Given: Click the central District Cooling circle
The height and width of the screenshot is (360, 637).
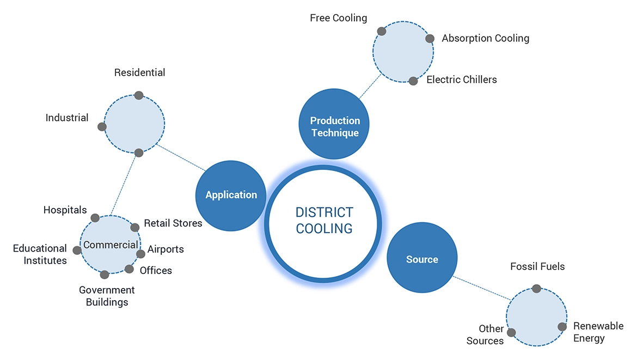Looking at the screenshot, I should tap(324, 224).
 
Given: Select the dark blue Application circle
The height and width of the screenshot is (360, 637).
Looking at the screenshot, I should tap(231, 195).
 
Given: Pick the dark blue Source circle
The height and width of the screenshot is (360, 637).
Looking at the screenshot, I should tap(422, 259).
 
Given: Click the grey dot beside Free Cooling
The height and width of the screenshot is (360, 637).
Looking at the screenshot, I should tap(382, 32).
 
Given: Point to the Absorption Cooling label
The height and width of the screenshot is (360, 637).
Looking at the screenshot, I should tap(485, 38).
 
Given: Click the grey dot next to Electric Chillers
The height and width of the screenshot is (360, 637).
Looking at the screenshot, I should tap(413, 81).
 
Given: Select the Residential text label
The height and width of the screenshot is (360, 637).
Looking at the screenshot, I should tap(139, 72).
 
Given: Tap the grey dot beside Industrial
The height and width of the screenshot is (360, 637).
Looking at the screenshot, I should tap(102, 127).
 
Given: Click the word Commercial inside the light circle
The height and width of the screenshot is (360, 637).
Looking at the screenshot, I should tap(111, 245).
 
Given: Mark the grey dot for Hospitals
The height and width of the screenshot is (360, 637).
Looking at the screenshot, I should tap(95, 218).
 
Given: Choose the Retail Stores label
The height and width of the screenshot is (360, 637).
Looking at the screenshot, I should tap(173, 223).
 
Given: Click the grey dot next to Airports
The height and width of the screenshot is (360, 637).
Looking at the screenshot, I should tap(140, 254).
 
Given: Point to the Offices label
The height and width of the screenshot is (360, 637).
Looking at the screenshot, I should tap(156, 271).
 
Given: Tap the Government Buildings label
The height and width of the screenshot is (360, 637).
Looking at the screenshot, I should tap(107, 296).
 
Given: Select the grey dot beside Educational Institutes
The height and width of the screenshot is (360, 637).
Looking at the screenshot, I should tap(77, 251).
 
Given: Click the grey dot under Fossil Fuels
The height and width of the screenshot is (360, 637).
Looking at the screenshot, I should tap(536, 289).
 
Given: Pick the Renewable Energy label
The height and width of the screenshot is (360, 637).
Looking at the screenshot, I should tap(598, 332).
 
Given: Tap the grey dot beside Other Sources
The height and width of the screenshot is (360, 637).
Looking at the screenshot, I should tap(511, 332).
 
